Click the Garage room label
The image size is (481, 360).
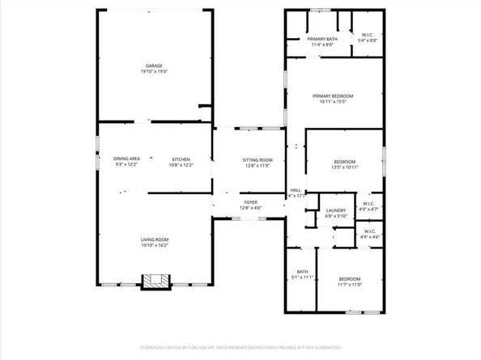(x=154, y=66)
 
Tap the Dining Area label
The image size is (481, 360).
(x=127, y=159)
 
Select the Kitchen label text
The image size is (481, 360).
(x=181, y=159)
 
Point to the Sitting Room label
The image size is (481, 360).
(x=257, y=160)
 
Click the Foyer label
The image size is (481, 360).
(x=250, y=203)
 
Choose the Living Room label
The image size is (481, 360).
(x=155, y=239)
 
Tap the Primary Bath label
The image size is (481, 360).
(x=321, y=39)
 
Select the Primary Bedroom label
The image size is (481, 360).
(x=333, y=96)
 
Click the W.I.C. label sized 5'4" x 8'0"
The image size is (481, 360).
(x=368, y=34)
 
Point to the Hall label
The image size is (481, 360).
(x=296, y=190)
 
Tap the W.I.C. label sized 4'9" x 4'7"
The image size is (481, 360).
(x=368, y=204)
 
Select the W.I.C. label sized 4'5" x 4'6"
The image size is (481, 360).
(x=369, y=232)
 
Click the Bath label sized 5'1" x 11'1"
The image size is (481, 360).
(x=302, y=272)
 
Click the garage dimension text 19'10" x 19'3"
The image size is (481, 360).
(x=154, y=71)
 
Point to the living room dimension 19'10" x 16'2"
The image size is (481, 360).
(x=155, y=244)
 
